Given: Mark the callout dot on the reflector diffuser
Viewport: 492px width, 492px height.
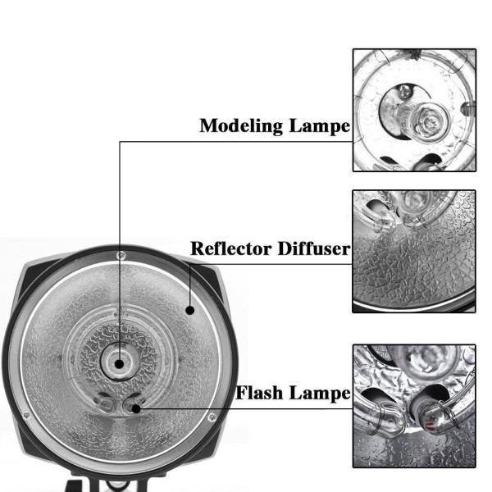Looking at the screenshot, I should click(x=190, y=309).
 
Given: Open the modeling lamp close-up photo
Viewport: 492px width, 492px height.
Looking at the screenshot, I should click(x=414, y=110).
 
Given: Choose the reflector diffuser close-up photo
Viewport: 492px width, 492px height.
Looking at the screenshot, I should click(x=414, y=251).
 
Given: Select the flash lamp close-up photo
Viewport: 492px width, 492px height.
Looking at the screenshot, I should click(x=414, y=405).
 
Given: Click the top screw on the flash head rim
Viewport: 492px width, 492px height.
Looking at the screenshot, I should click(x=121, y=257).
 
